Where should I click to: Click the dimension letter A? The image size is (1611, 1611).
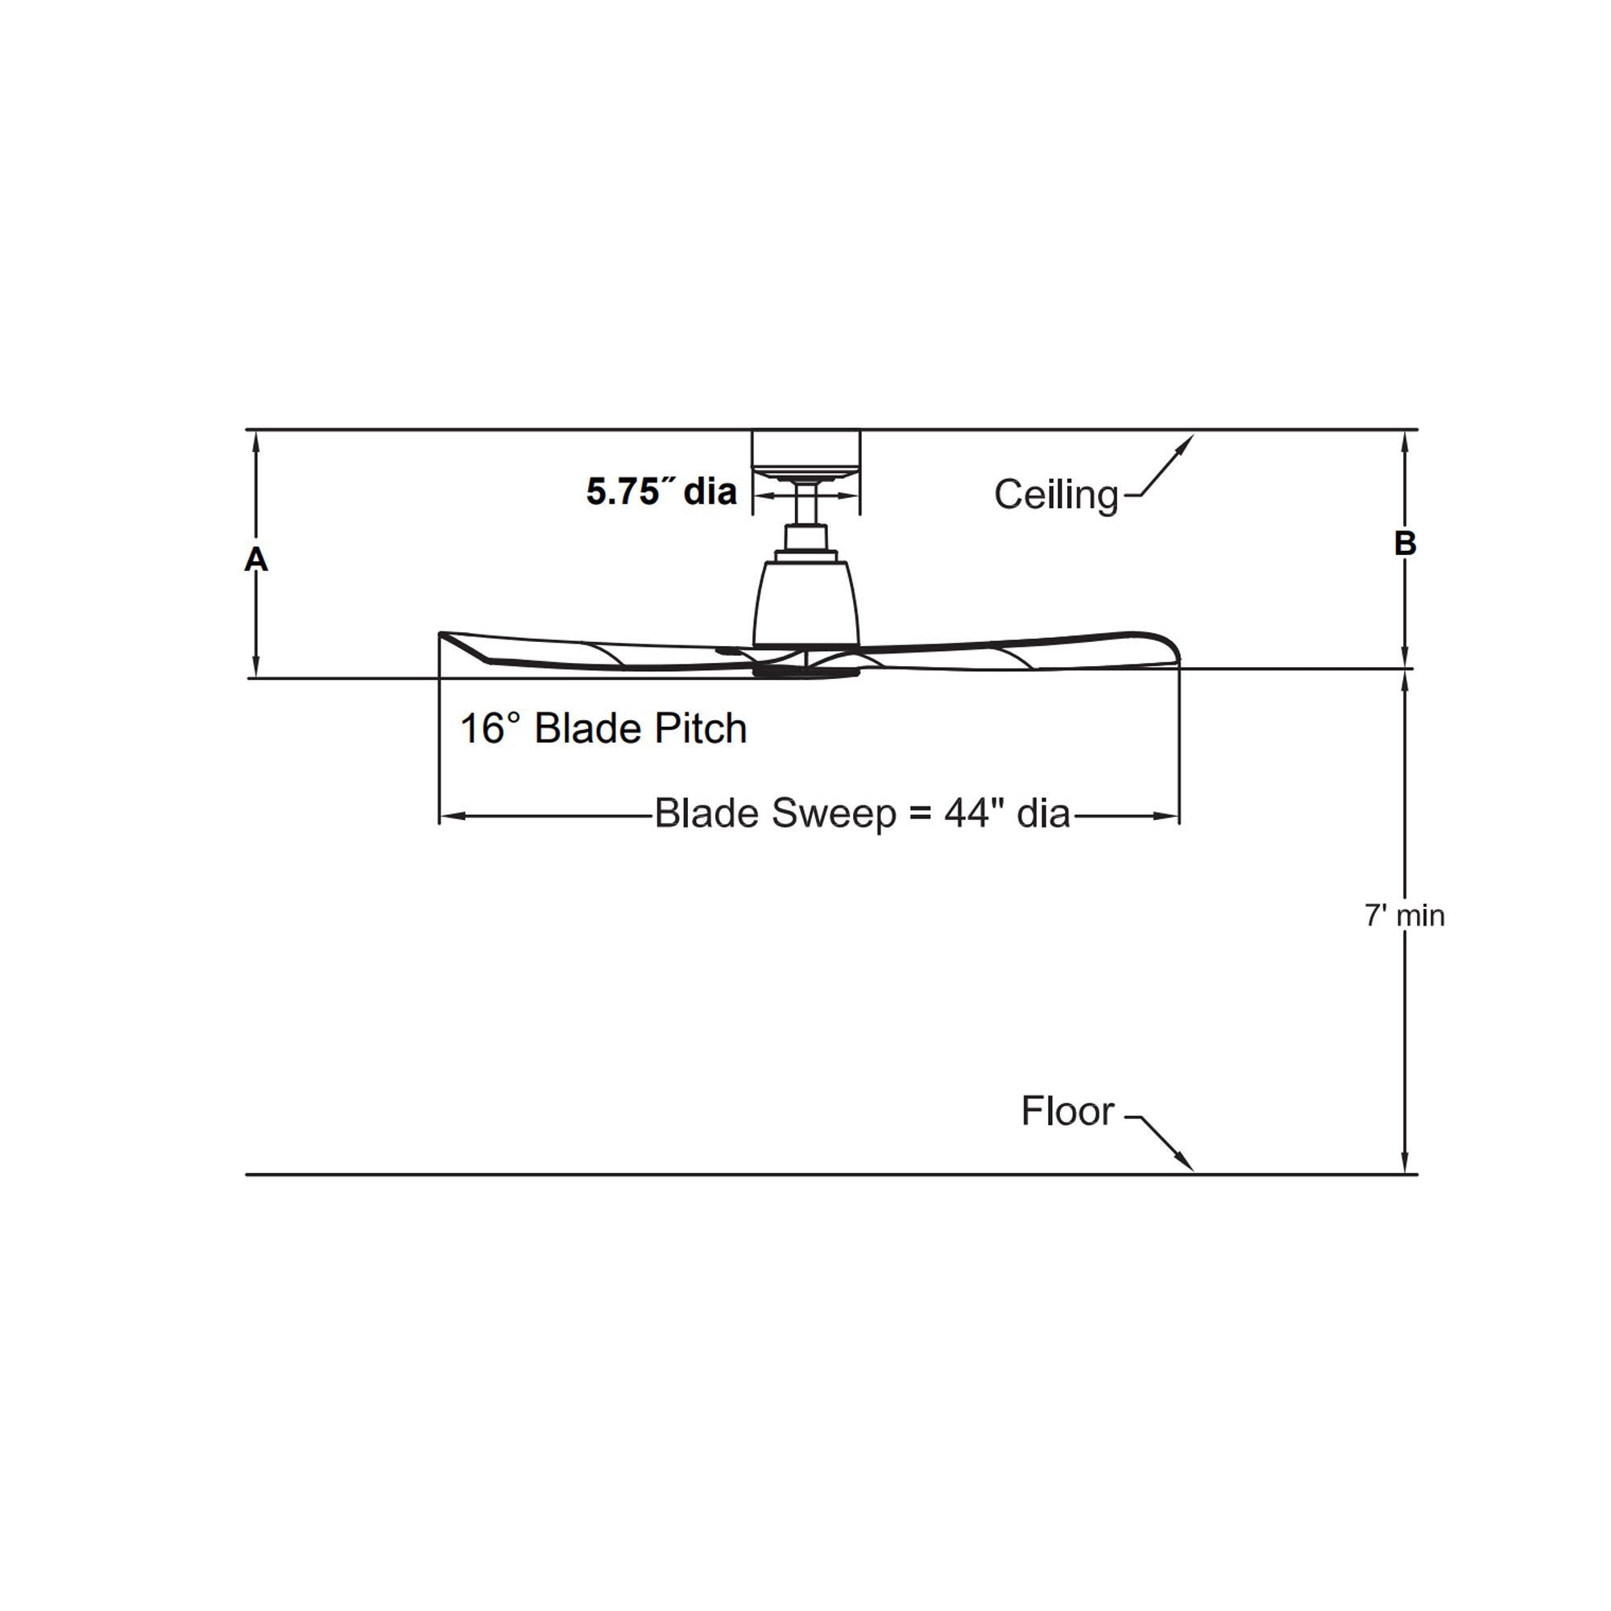coord(256,560)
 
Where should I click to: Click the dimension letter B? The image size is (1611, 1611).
coord(1405,544)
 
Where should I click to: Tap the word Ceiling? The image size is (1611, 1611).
coord(1056,495)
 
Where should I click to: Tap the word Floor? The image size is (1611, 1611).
coord(1067,1112)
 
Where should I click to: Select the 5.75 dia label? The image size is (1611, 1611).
coord(661,491)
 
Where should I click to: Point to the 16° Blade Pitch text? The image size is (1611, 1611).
coord(603,728)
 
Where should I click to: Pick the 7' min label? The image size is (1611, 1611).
coord(1405,916)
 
